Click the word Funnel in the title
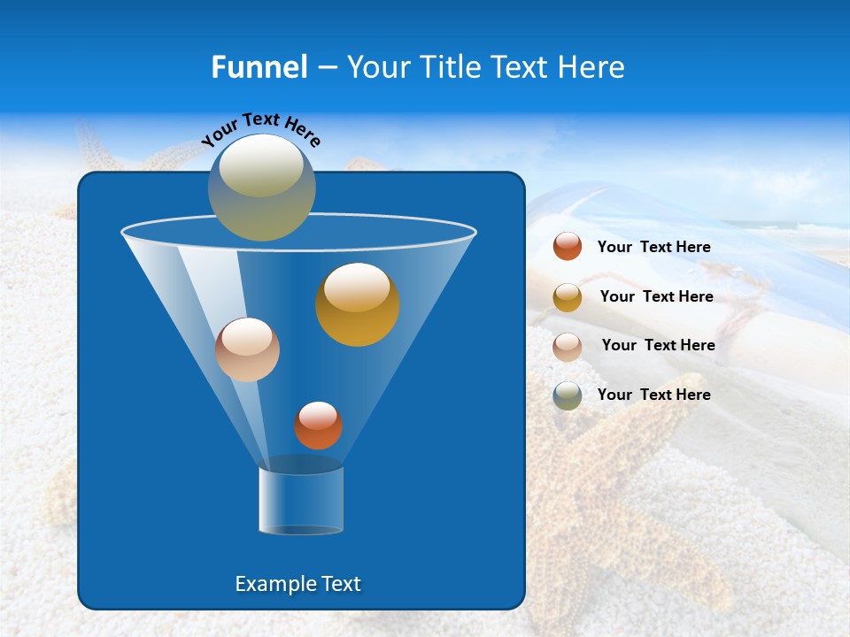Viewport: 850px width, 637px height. (x=259, y=66)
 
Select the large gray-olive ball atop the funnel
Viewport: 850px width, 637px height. (x=262, y=188)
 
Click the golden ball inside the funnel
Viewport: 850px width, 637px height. (x=358, y=304)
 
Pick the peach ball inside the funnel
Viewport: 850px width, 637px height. (x=247, y=349)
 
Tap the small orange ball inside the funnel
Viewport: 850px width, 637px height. (x=318, y=426)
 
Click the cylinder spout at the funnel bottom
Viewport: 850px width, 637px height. (x=301, y=500)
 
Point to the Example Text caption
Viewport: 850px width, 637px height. (x=298, y=584)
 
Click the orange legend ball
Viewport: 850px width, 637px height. (x=568, y=247)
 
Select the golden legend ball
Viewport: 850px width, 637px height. (x=568, y=296)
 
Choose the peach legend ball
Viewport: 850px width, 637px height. (x=568, y=346)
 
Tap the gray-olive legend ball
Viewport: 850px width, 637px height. (x=568, y=395)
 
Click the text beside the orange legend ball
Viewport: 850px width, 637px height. (x=653, y=247)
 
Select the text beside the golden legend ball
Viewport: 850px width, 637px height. (x=656, y=296)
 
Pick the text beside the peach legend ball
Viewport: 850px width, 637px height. (x=658, y=345)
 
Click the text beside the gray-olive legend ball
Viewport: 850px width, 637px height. (x=653, y=395)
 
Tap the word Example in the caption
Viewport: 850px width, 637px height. (x=269, y=584)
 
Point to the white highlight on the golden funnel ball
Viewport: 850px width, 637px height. (x=357, y=288)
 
